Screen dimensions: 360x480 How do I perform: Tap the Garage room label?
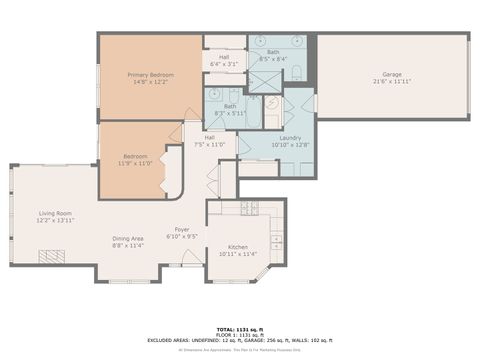tap(392, 75)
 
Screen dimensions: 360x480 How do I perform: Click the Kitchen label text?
tap(239, 247)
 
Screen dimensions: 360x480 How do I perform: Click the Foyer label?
tap(182, 229)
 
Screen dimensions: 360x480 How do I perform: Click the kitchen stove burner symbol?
tap(248, 207)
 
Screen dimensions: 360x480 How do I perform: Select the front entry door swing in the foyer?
tap(191, 258)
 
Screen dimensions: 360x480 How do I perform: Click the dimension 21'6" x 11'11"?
tap(392, 82)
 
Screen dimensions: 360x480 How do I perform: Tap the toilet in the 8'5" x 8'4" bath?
tap(296, 71)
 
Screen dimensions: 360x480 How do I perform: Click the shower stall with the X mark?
tap(264, 81)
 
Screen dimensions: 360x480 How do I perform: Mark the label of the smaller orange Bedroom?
tap(136, 156)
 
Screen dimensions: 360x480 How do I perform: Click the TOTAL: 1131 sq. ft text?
tap(240, 327)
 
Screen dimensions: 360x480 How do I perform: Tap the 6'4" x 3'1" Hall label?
tap(224, 57)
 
